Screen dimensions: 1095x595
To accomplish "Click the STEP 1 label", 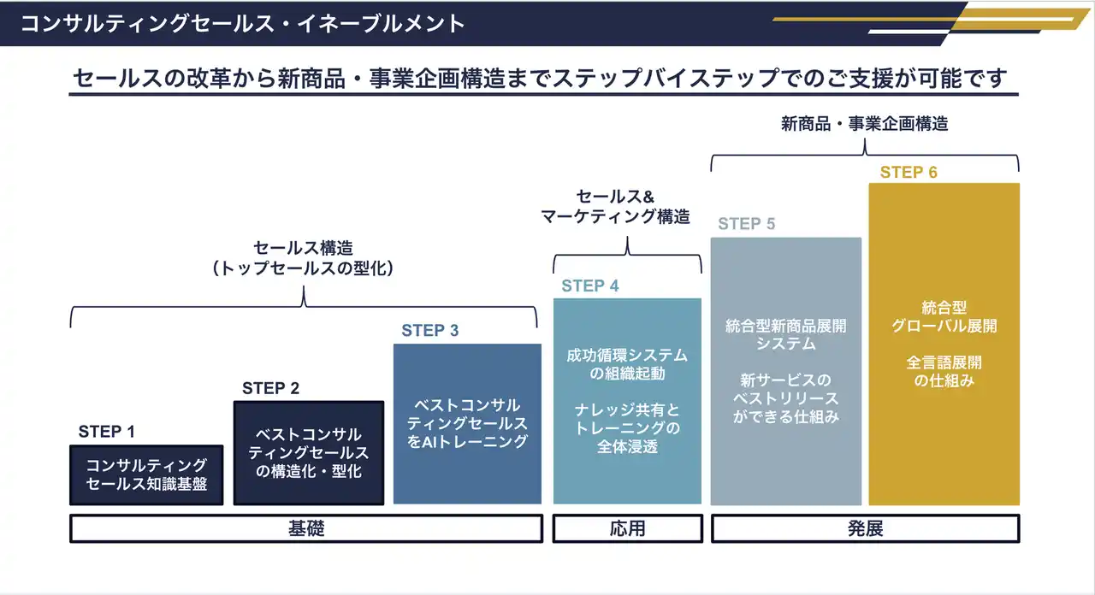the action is point(107,432).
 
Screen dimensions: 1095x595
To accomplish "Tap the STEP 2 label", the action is point(270,388).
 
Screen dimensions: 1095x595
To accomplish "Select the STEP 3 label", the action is point(430,330).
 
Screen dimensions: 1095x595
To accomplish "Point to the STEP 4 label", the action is point(590,286).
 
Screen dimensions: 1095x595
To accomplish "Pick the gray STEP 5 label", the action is point(747,224).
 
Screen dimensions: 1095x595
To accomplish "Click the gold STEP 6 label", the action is point(909,172).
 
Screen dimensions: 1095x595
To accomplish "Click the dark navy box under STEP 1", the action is point(146,474).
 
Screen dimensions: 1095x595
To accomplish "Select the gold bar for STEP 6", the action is point(944,344).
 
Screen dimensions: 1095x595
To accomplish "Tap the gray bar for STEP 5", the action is point(786,371).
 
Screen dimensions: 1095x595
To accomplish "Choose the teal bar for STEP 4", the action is point(627,401).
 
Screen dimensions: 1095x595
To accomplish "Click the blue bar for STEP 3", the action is point(467,423).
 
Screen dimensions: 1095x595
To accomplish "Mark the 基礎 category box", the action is point(306,528).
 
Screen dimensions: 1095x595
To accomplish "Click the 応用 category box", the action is point(628,528).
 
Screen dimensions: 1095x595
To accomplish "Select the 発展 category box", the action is point(865,528).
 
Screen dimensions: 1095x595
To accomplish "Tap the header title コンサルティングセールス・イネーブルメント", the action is point(242,23).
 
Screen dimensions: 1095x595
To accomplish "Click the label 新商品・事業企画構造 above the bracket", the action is point(864,124).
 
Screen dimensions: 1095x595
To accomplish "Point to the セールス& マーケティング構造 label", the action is point(615,206).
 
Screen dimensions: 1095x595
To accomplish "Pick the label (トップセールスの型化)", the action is point(303,268).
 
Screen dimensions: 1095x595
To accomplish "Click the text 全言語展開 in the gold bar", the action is point(944,362).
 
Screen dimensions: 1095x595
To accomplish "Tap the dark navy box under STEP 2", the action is point(309,453).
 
